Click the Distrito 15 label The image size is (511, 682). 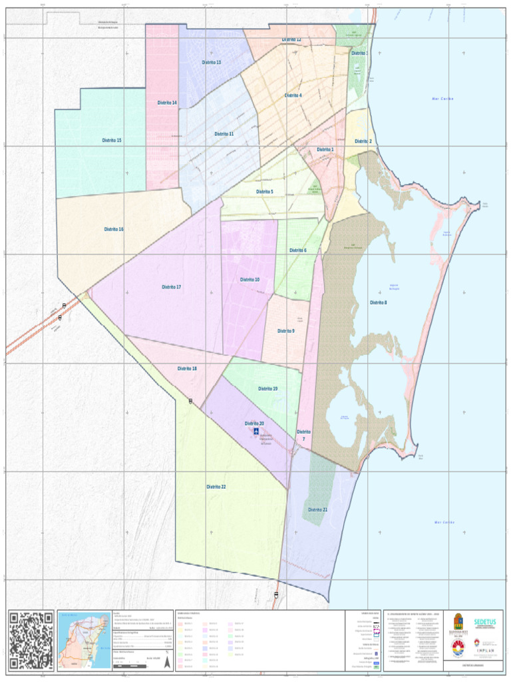(x=112, y=141)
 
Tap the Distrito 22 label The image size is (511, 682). (x=216, y=487)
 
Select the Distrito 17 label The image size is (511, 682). (x=172, y=287)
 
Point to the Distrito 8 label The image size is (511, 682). (x=378, y=302)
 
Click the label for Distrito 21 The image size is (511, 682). (x=317, y=510)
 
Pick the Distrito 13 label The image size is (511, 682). (x=212, y=62)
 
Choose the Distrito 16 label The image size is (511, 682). (x=114, y=229)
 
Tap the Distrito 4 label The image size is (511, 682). (x=293, y=95)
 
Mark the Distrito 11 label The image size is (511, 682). (x=224, y=134)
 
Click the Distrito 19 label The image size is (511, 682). (x=268, y=388)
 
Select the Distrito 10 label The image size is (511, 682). (x=250, y=280)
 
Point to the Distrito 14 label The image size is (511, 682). (x=167, y=103)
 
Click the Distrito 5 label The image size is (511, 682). (x=264, y=192)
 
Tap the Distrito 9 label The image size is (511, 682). (x=285, y=331)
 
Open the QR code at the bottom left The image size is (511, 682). (x=31, y=640)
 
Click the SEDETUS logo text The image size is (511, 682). (x=484, y=622)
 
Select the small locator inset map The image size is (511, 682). (x=84, y=640)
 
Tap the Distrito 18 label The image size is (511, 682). (x=187, y=368)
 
